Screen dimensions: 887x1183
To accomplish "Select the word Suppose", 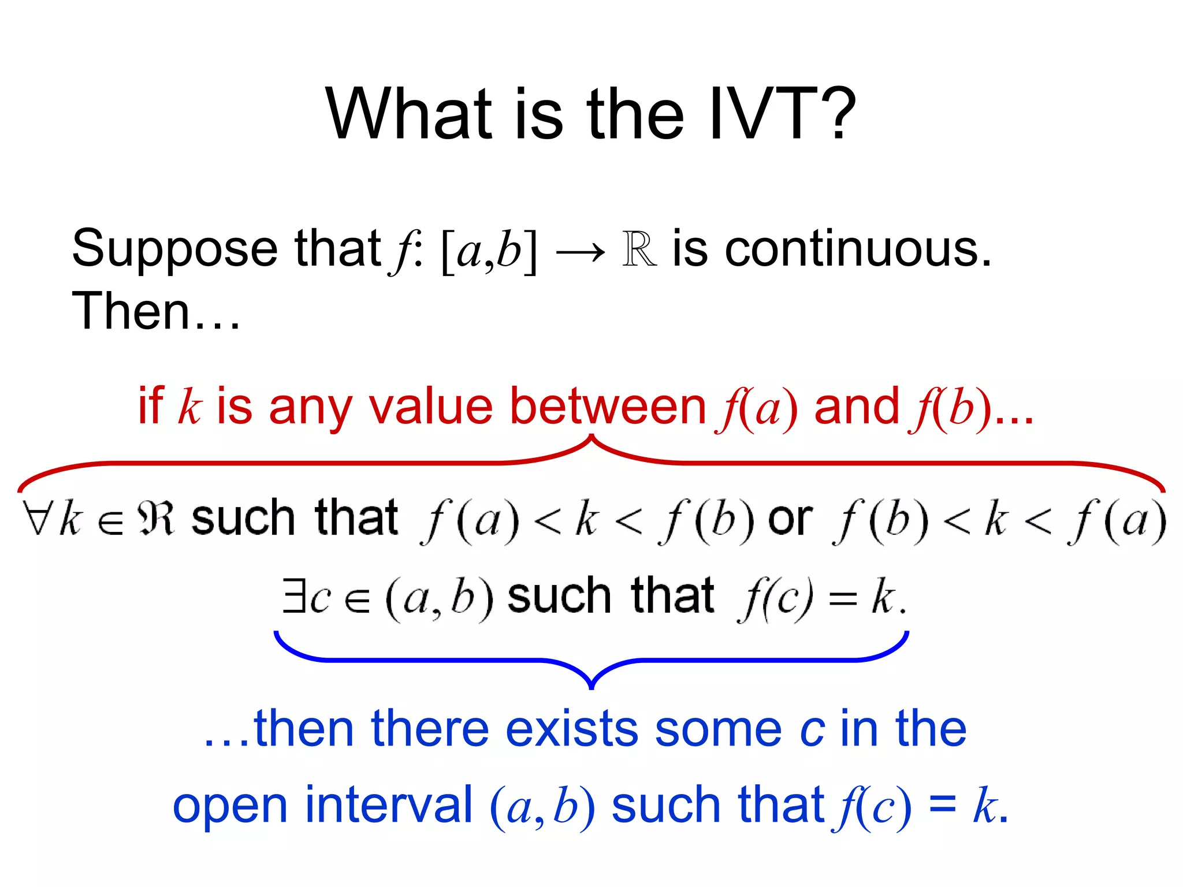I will (x=174, y=249).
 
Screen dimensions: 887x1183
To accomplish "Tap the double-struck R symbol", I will (x=639, y=249).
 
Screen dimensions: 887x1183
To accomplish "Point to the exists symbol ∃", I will (x=293, y=596).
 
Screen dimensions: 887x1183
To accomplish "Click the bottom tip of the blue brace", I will (x=591, y=687).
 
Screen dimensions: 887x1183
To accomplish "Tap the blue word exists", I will (x=571, y=729).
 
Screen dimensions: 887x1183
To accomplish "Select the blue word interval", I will (x=388, y=805).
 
